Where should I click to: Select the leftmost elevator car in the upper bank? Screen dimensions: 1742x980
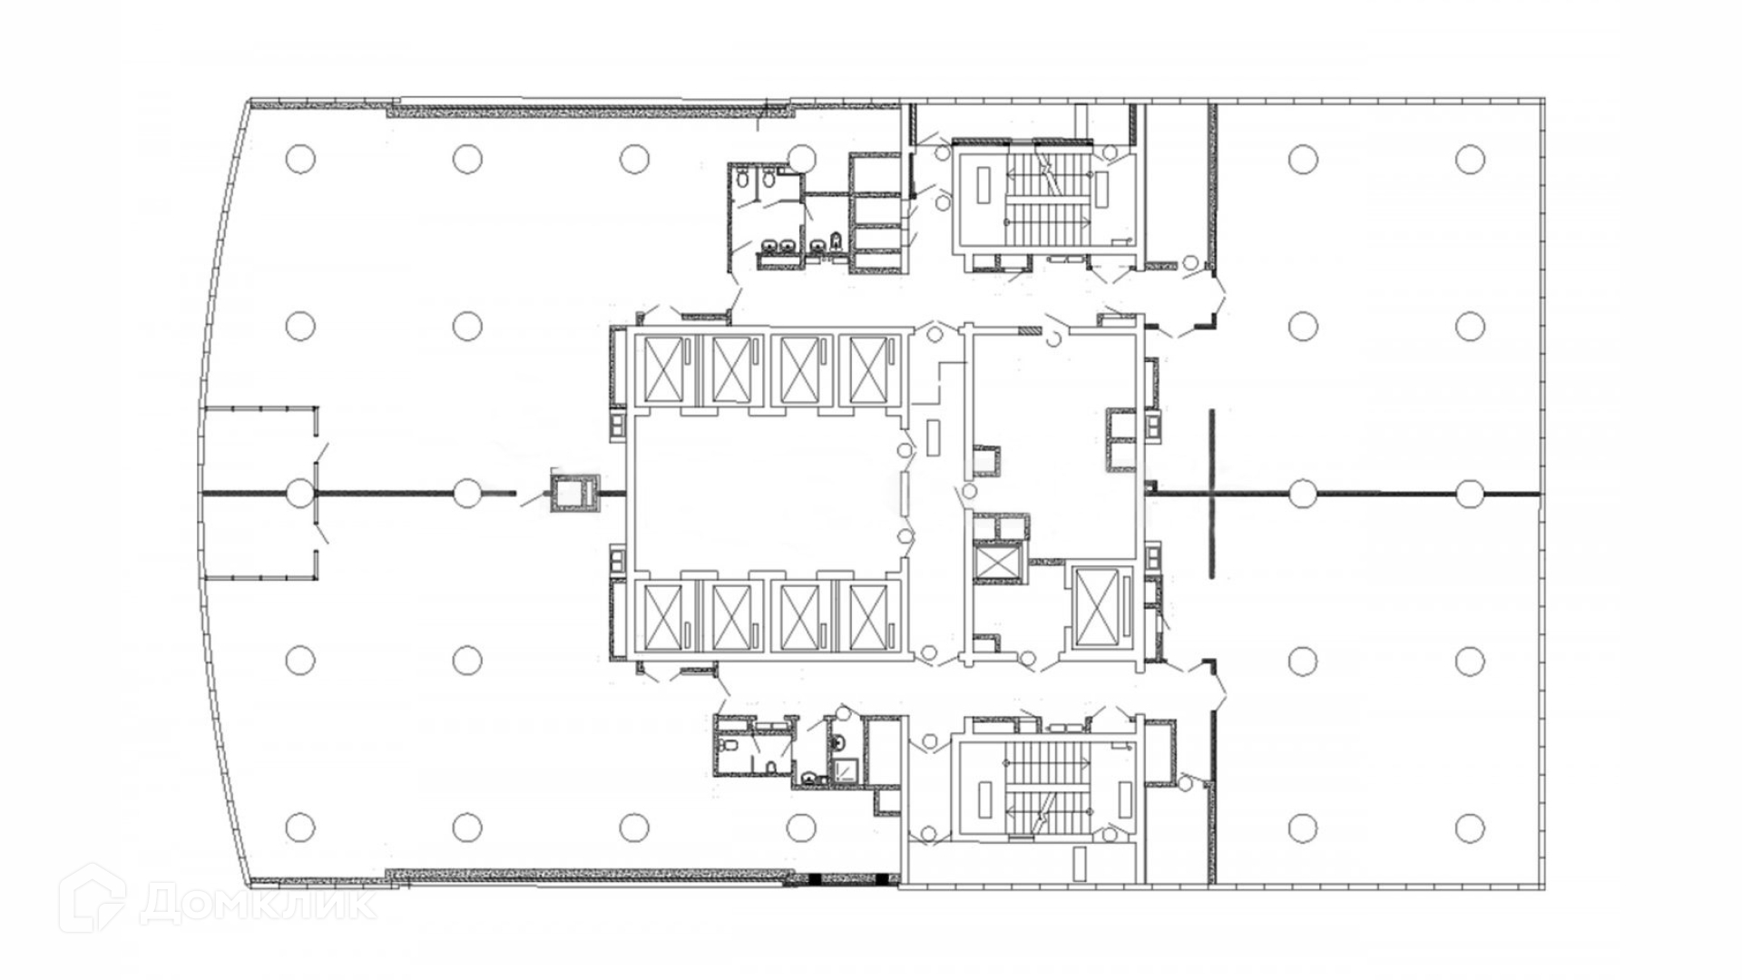(663, 369)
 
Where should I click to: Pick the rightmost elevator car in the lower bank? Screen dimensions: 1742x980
(868, 617)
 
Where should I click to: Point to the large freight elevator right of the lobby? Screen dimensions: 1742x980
(1101, 606)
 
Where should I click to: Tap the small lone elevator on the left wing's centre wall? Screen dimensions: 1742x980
(573, 493)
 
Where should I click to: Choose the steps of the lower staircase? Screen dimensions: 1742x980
(1048, 786)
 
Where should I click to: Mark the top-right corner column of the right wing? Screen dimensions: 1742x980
(1470, 159)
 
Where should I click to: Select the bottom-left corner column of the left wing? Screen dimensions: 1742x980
(300, 828)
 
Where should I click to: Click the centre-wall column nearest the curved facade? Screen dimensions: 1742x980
(300, 493)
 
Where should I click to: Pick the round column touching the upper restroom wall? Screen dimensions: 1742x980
(801, 159)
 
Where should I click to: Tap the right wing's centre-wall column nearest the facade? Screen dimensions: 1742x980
(1470, 493)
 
